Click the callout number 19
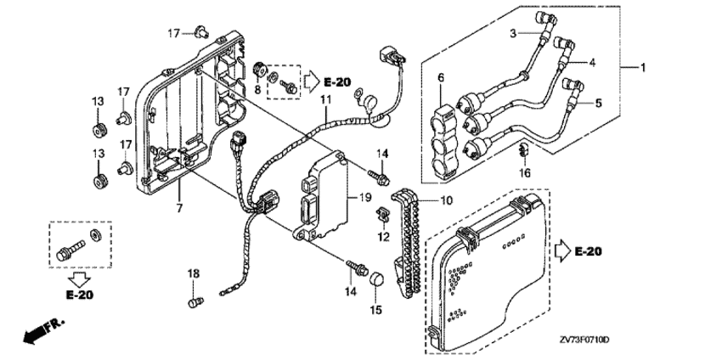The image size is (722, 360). [365, 199]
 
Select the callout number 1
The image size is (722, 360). [643, 68]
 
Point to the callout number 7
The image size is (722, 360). [179, 209]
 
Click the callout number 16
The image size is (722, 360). [525, 173]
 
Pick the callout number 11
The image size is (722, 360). [326, 99]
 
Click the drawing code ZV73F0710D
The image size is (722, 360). [584, 340]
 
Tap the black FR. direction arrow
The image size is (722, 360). [43, 330]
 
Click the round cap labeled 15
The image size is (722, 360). [376, 278]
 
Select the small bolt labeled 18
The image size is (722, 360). [195, 302]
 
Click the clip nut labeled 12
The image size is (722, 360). [382, 214]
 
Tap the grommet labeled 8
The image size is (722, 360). [260, 70]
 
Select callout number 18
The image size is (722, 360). [194, 274]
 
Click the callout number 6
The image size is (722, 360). [441, 78]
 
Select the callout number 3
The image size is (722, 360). [513, 33]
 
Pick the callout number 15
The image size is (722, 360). [376, 310]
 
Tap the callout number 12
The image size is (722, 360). [383, 237]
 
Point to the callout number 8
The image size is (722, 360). [257, 89]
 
